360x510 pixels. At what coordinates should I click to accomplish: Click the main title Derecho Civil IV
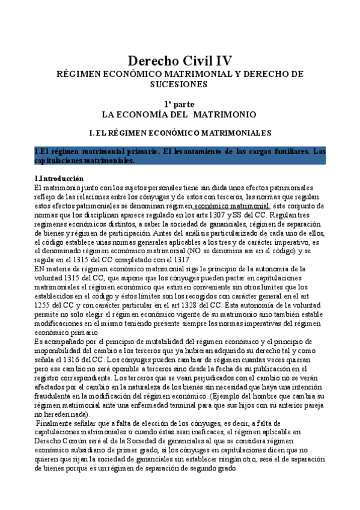[180, 61]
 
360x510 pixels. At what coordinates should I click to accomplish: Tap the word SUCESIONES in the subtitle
[179, 85]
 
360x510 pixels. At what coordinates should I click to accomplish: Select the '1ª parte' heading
[179, 104]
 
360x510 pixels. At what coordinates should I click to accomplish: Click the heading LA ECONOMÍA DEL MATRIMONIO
[179, 114]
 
